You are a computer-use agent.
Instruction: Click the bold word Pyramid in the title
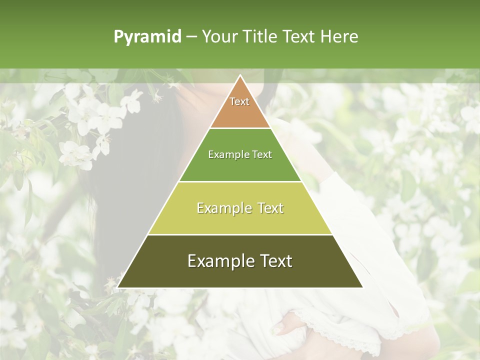tap(147, 37)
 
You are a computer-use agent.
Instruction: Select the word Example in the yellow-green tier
tap(224, 208)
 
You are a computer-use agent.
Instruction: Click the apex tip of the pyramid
tap(240, 76)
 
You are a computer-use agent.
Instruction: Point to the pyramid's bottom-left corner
tap(118, 287)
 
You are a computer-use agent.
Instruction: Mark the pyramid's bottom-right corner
tap(362, 287)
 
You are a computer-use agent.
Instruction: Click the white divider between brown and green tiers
tap(240, 128)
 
